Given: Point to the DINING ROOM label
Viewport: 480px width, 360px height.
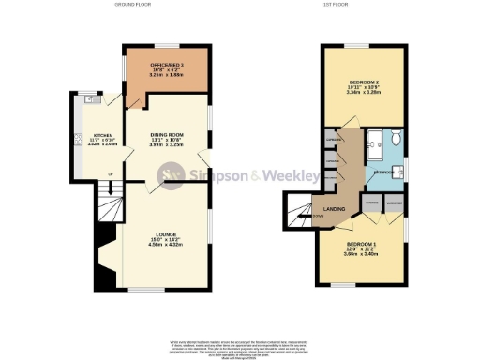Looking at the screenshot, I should [168, 136].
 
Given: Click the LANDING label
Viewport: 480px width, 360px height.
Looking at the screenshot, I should [334, 210].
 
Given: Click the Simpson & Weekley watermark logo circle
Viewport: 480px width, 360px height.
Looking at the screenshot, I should [171, 174].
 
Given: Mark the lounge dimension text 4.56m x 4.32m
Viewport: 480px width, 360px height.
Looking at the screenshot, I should [168, 245].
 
